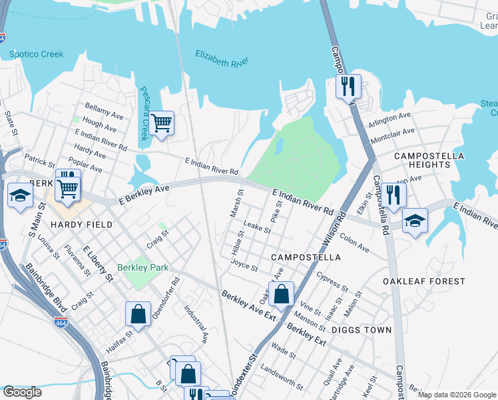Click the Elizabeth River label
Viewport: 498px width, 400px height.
(x=222, y=58)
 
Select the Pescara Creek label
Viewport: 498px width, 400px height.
(x=143, y=113)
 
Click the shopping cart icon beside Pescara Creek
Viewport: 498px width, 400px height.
(x=161, y=123)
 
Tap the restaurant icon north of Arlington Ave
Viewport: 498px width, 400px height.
(x=348, y=87)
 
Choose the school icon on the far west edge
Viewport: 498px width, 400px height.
(x=20, y=196)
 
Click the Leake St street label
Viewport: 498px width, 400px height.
(x=256, y=229)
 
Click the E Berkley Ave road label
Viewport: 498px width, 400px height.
(x=144, y=191)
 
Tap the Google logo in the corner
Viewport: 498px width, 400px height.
(x=22, y=392)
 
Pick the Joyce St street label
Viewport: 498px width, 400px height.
(x=244, y=265)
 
